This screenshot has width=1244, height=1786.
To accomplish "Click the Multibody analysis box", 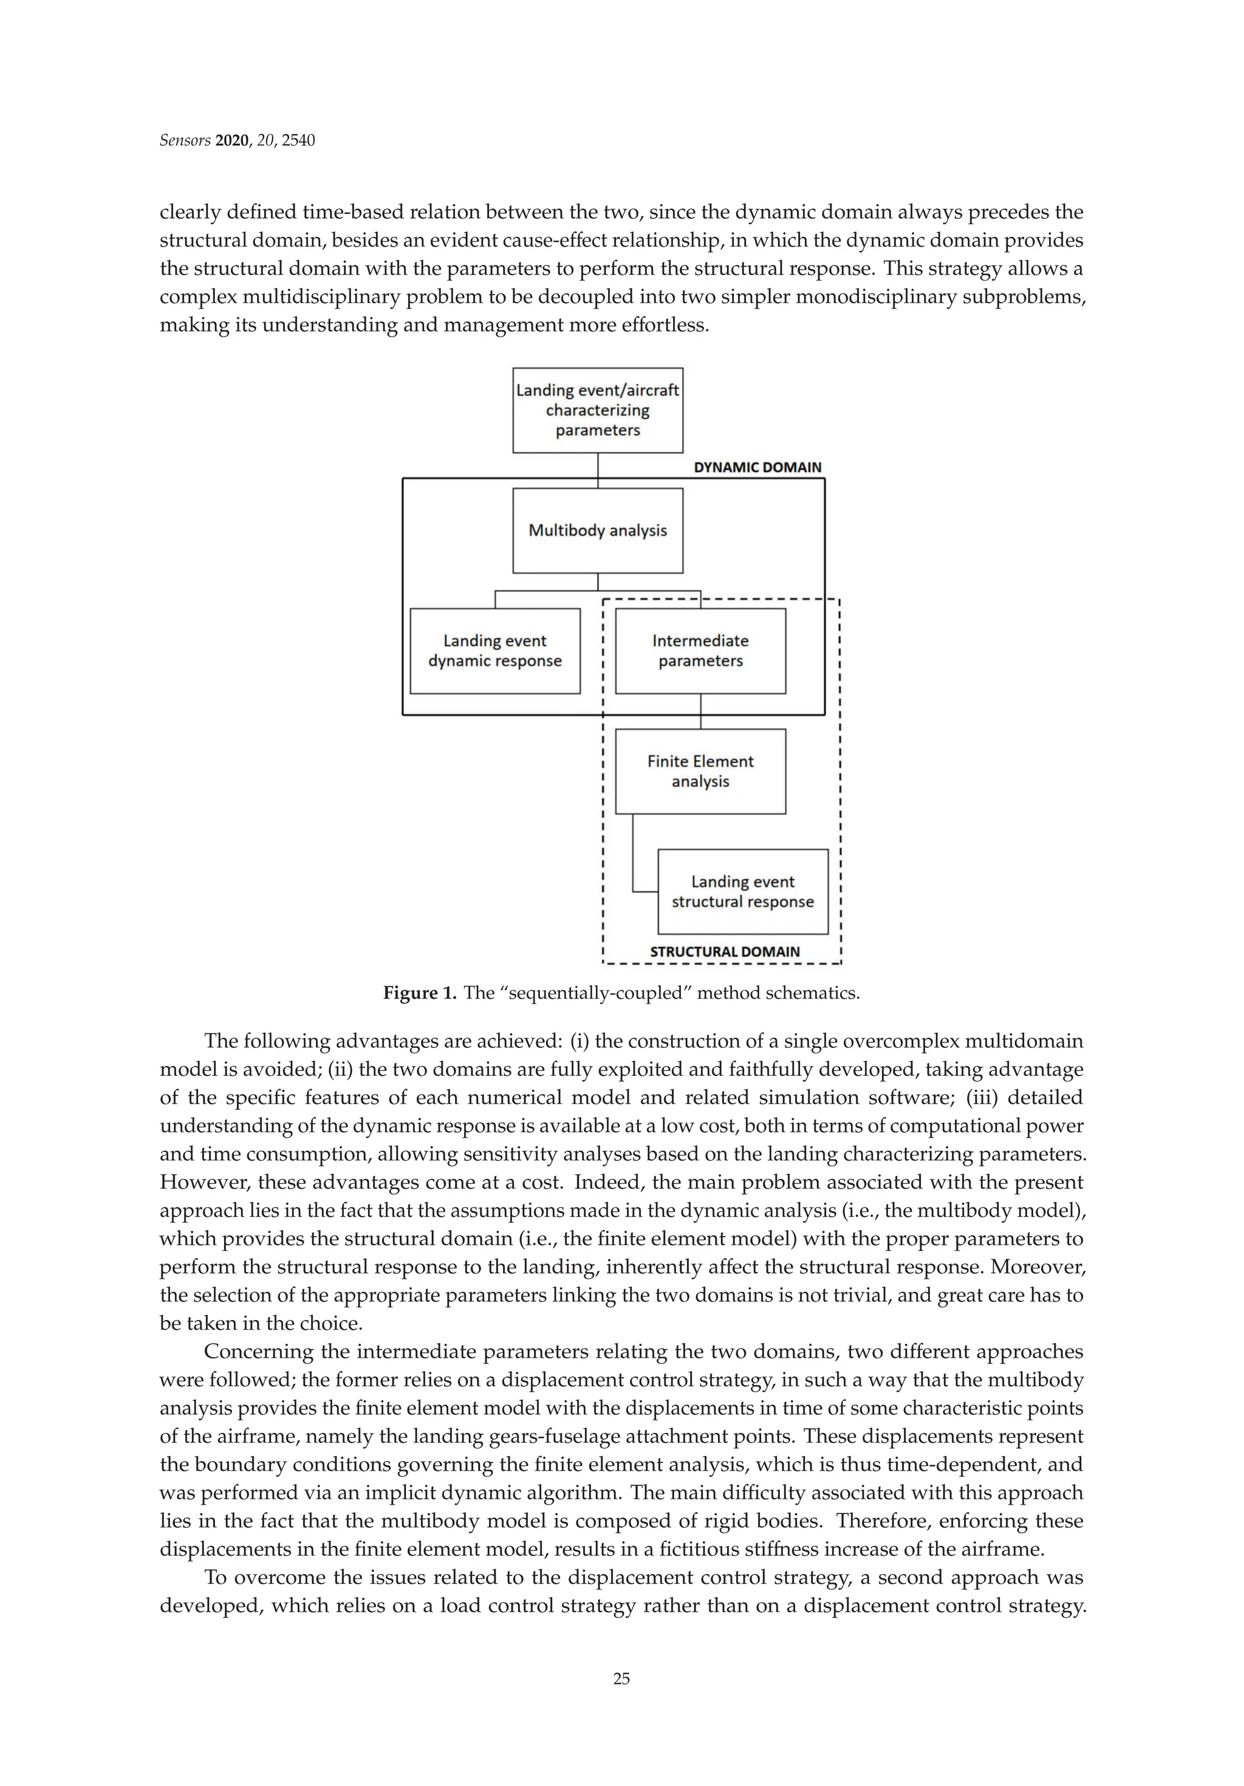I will [x=598, y=530].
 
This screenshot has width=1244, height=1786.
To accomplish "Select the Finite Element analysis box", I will [x=700, y=771].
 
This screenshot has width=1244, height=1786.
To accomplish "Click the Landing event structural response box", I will [x=742, y=891].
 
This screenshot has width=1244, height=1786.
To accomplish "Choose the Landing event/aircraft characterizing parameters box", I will [x=598, y=410].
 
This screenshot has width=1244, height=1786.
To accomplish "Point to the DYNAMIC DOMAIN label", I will [x=757, y=468].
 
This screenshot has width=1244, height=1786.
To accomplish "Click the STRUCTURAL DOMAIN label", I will [x=724, y=951].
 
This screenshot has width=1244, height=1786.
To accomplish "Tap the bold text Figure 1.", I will [x=419, y=993].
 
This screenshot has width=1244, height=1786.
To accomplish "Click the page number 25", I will [x=621, y=1700].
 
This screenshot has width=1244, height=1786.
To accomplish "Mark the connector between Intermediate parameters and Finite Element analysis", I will [x=701, y=711].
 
